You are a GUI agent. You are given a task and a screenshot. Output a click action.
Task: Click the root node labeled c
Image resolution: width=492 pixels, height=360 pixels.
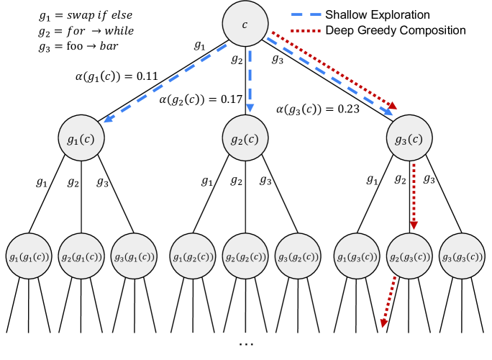tap(245, 24)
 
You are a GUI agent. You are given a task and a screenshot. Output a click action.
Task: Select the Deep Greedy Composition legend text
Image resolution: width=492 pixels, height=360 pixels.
tap(395, 31)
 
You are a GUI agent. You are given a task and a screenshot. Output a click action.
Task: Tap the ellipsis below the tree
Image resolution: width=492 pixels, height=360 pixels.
tap(245, 344)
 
